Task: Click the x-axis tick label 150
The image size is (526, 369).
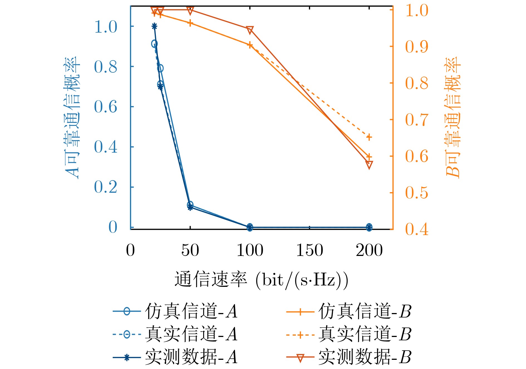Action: pyautogui.click(x=309, y=250)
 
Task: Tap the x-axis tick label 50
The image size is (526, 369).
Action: pyautogui.click(x=190, y=250)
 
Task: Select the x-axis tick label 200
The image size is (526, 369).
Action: pyautogui.click(x=369, y=250)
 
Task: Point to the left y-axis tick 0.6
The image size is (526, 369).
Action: pyautogui.click(x=105, y=107)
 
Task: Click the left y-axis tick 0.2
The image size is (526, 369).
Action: pyautogui.click(x=105, y=187)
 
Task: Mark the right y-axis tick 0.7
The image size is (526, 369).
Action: pyautogui.click(x=417, y=120)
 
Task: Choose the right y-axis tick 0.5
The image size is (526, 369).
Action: pyautogui.click(x=417, y=193)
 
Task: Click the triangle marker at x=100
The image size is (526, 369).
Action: pyautogui.click(x=250, y=30)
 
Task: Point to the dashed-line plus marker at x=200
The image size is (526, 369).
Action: pyautogui.click(x=369, y=137)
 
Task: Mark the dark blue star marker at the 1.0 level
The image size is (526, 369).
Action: pyautogui.click(x=154, y=26)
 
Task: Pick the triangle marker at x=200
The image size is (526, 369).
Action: pyautogui.click(x=369, y=165)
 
